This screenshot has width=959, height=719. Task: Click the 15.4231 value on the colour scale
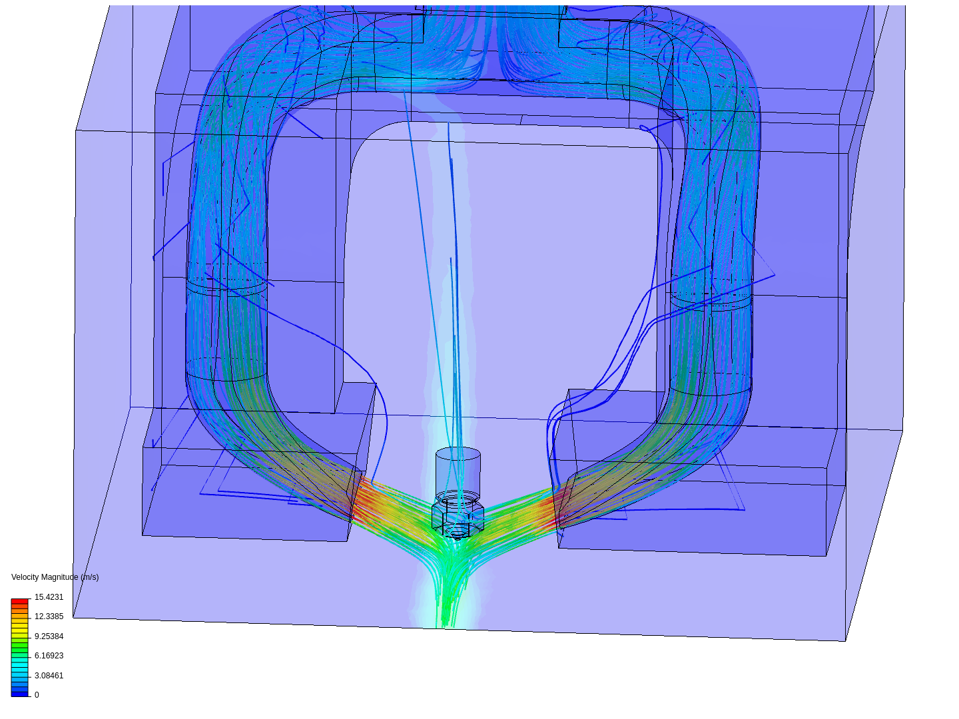[49, 597]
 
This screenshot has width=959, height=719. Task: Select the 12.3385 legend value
[49, 616]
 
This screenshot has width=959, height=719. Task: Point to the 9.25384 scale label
[49, 636]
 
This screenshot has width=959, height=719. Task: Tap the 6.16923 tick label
[49, 656]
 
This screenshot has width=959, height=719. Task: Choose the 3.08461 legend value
[49, 675]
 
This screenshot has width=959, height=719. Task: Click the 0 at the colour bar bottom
[37, 695]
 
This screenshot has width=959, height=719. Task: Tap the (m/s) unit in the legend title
[89, 577]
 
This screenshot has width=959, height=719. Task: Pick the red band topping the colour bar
[20, 601]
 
